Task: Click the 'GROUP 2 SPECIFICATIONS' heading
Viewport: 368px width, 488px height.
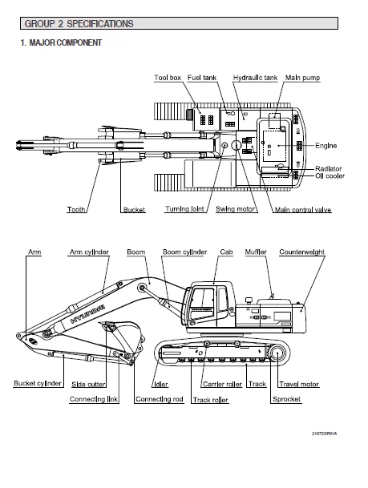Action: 79,24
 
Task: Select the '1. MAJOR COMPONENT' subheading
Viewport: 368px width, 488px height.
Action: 61,42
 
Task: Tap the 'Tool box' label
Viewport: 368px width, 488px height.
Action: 168,78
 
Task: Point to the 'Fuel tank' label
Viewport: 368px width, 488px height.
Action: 202,78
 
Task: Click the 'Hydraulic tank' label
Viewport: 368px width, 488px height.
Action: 255,78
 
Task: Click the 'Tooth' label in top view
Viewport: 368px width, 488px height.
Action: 77,210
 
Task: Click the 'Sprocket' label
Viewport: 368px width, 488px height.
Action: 286,398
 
